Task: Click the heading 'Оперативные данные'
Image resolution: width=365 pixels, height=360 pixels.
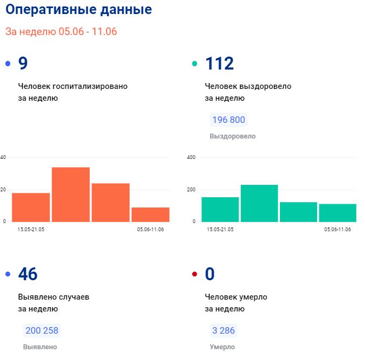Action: [x=79, y=10]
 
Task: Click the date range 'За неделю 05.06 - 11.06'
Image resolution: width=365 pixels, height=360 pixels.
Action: [x=61, y=31]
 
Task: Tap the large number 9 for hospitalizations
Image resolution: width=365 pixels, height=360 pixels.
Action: [x=23, y=64]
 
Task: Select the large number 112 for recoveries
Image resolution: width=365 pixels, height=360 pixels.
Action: [x=220, y=64]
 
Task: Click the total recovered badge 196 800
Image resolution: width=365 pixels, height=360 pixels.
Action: [x=229, y=120]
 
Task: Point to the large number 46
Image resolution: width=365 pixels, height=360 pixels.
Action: [x=28, y=274]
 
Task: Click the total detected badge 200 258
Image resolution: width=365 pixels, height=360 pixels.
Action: [x=42, y=330]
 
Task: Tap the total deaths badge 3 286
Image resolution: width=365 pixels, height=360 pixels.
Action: [x=223, y=330]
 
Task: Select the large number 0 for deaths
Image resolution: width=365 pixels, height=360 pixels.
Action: [x=210, y=274]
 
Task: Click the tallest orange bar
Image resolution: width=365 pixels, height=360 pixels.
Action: [x=71, y=195]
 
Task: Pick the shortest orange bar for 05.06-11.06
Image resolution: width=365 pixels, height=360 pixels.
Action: [x=150, y=214]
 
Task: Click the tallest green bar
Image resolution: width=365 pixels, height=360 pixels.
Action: [x=259, y=203]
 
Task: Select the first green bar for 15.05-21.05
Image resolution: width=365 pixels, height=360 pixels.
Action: [x=220, y=209]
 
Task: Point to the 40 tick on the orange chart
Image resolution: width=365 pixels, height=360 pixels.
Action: [x=3, y=157]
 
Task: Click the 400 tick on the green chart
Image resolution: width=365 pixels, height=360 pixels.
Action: [x=191, y=157]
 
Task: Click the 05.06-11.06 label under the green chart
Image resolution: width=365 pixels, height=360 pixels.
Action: [x=338, y=229]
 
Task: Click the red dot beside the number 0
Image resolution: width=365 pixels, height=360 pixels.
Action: [x=195, y=275]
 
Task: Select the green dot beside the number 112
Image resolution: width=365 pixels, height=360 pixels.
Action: [x=195, y=64]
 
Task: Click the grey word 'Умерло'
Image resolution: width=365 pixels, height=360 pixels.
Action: [x=222, y=347]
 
